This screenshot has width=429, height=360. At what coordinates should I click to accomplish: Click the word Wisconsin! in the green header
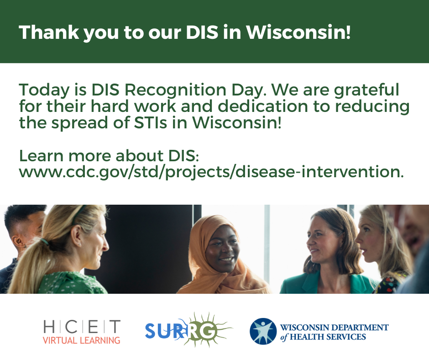click(298, 32)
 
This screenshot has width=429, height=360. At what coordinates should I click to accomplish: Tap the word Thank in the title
click(49, 32)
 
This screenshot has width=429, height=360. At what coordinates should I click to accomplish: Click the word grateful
click(366, 90)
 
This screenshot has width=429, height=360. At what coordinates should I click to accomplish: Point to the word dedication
click(263, 106)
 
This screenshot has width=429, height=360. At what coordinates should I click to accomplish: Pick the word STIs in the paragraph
click(151, 123)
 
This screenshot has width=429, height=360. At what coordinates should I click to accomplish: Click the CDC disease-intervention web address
click(211, 172)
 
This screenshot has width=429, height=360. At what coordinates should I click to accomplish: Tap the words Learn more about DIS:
click(109, 156)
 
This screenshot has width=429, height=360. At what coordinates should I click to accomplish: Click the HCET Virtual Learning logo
click(82, 332)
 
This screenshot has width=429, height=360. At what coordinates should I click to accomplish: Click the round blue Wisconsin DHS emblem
click(263, 331)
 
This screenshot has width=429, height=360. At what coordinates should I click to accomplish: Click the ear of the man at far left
click(18, 241)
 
